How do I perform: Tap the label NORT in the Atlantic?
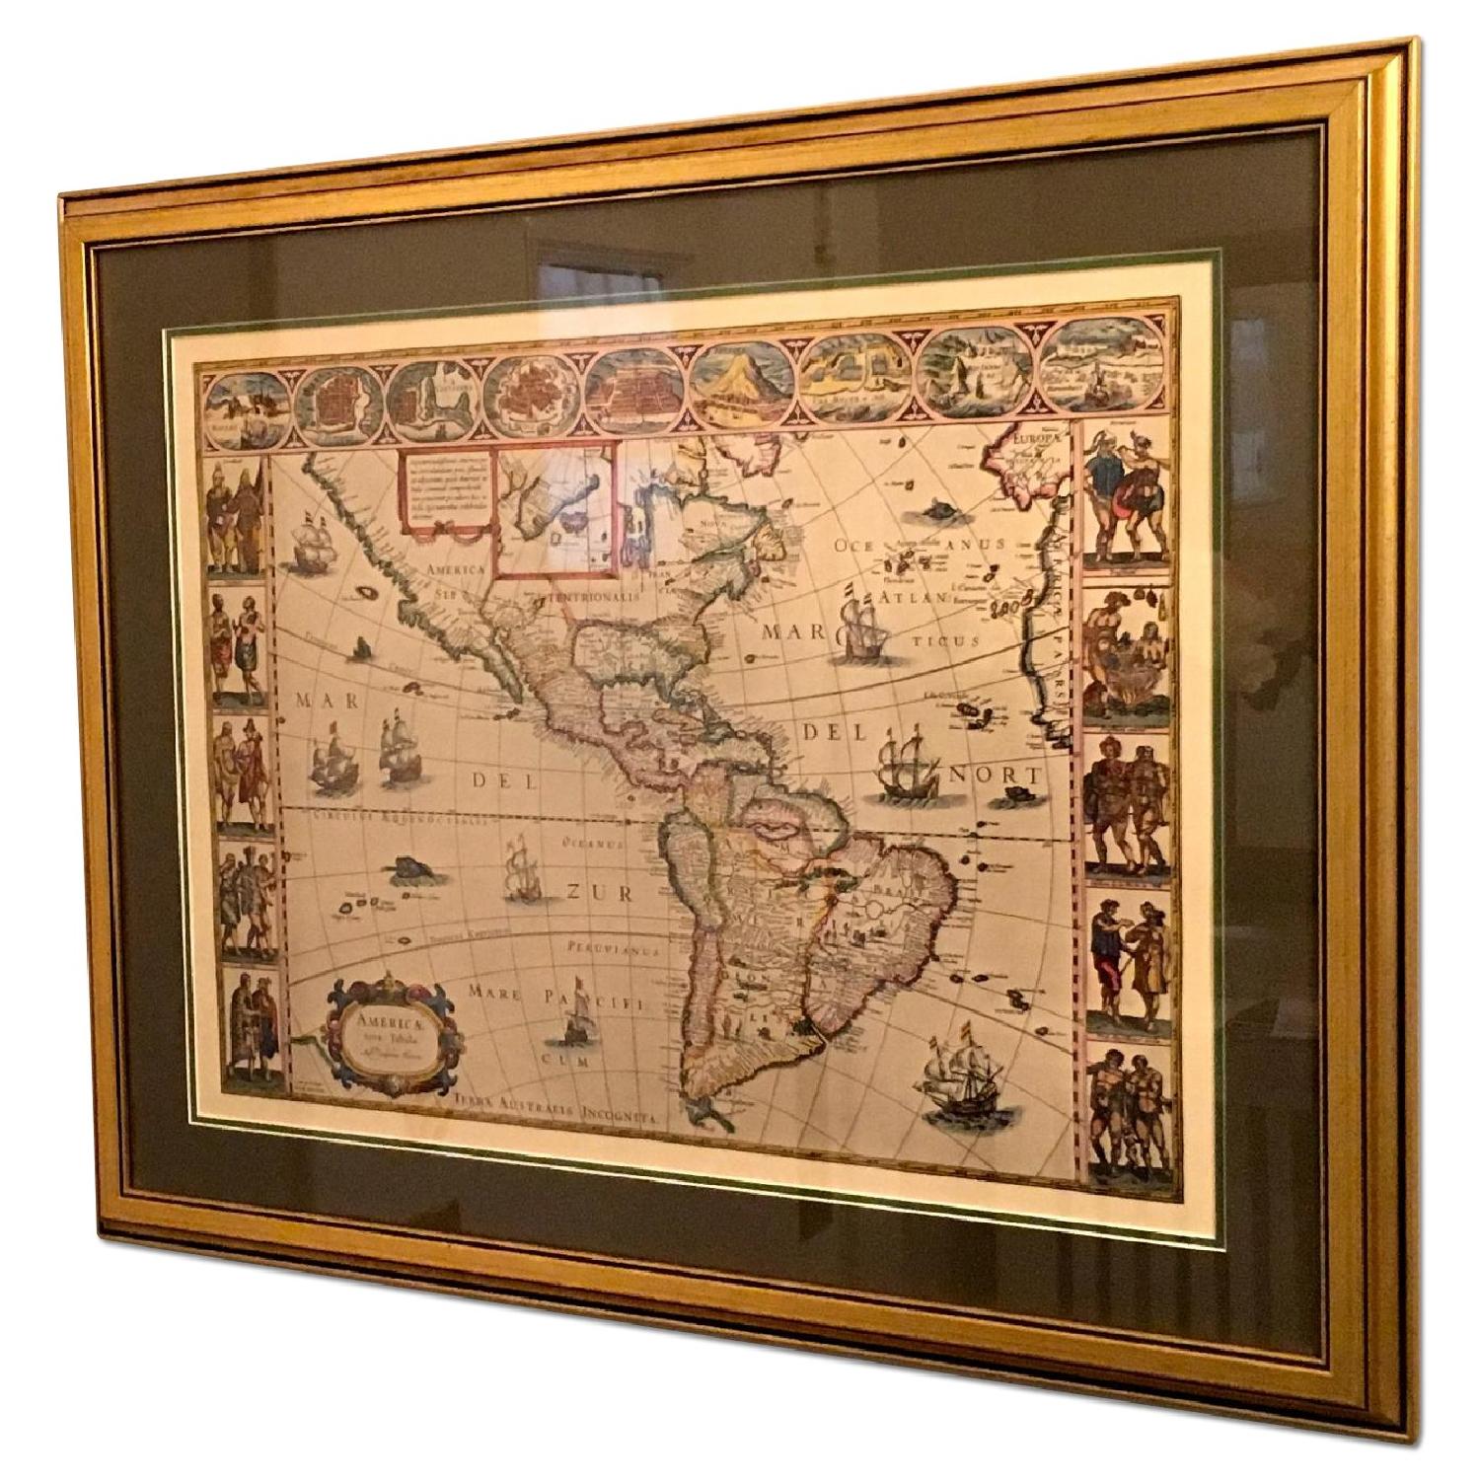(982, 776)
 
